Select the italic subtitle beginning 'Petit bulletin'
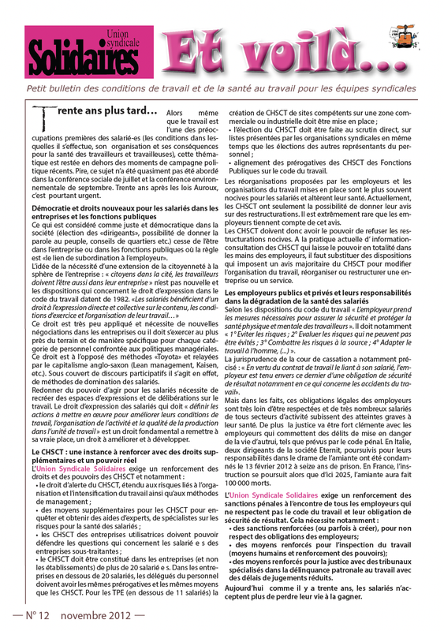pos(222,88)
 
